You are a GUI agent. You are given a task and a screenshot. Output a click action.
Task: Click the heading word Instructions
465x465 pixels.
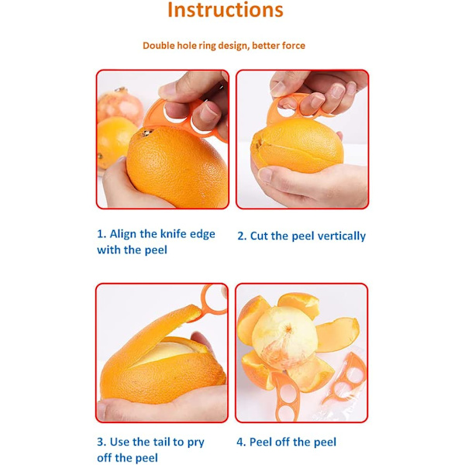tap(226, 10)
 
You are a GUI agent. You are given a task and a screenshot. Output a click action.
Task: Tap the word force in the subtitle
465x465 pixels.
tap(294, 46)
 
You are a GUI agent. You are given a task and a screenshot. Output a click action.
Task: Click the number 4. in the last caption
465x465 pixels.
tap(241, 443)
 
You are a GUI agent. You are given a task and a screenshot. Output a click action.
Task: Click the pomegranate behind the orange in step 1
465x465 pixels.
tap(119, 105)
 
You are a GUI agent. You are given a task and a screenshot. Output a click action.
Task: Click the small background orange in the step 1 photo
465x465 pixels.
tap(114, 141)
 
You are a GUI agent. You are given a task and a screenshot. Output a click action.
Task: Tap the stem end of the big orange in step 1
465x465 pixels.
tap(146, 133)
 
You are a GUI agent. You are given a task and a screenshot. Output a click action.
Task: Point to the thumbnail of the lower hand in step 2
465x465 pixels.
tap(265, 174)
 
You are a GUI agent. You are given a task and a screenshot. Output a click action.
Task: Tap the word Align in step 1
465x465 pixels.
tap(123, 234)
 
